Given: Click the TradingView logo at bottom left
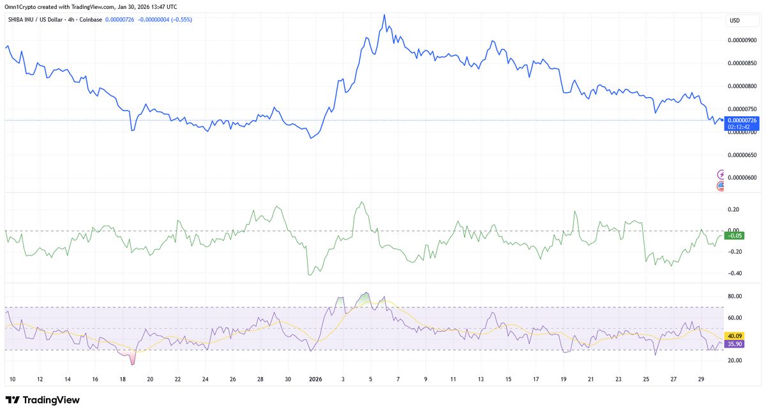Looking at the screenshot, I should click(x=43, y=400).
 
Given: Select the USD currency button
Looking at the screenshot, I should click(x=735, y=21).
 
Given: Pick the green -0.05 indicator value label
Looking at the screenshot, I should click(x=735, y=236).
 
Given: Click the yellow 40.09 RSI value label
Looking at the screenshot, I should click(x=735, y=336).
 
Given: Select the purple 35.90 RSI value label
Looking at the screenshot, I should click(x=735, y=344).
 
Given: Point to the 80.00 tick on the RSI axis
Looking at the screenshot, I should click(x=734, y=296).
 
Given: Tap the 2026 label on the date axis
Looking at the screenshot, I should click(x=315, y=379).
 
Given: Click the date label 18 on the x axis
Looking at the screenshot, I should click(x=123, y=379).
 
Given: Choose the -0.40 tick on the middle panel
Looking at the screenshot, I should click(x=733, y=273).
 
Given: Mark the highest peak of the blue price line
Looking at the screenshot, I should click(x=384, y=14).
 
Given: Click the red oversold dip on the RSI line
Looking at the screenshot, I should click(x=132, y=364).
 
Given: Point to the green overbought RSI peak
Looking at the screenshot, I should click(x=364, y=293).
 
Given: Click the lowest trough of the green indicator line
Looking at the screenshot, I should click(x=310, y=275).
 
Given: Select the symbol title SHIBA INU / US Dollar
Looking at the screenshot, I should click(x=38, y=20).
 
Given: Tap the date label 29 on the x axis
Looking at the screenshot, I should click(x=701, y=379).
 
